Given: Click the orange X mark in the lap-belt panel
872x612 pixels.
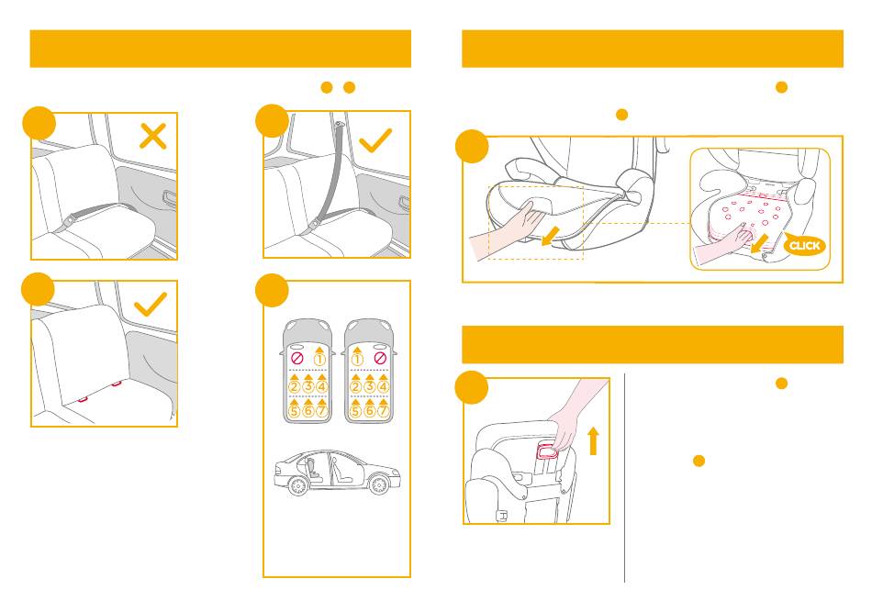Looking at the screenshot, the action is pos(153,136).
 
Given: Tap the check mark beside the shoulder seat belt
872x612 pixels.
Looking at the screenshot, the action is pos(375,140).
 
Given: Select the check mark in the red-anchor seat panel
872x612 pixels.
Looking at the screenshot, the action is pos(151,304).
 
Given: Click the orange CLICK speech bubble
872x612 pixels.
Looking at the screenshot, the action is pos(804,246).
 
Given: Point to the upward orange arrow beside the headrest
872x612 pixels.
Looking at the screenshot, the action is pos(593,440).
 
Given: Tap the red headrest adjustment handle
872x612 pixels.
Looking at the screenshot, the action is pos(546,450).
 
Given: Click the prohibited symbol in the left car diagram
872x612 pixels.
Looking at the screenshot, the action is pos(297,359).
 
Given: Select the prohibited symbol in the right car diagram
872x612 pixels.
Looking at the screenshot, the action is pos(380,358).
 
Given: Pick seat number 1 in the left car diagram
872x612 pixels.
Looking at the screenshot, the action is pos(319,359).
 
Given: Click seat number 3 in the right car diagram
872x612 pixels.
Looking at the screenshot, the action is pos(370,386).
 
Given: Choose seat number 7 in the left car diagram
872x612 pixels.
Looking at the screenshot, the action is pos(321,411).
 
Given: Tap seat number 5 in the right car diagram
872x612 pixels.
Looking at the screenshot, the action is pos(356,411).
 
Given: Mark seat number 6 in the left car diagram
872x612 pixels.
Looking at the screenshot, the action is pos(308,411).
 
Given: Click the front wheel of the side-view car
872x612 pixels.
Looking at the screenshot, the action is pos(380,484).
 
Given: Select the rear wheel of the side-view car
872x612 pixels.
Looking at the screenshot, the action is pos(298,485).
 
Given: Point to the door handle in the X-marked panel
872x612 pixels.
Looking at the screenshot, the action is pos(169,198).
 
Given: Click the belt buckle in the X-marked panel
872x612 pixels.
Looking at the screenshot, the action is pos(69,221).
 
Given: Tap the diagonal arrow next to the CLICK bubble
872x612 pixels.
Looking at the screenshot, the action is pos(759,243).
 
